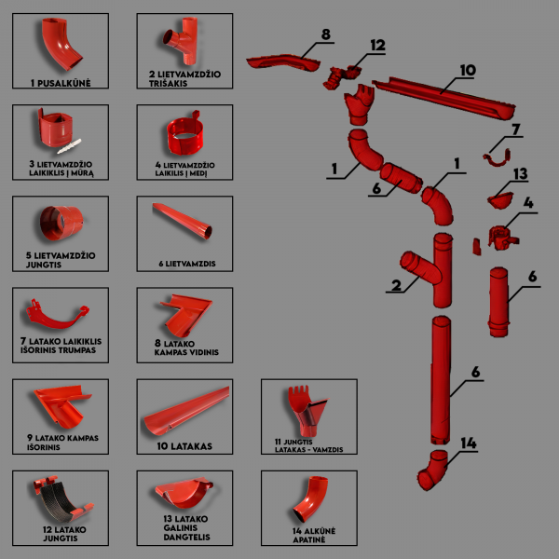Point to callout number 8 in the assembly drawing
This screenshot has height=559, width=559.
(x=325, y=35)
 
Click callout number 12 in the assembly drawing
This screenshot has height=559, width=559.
(x=376, y=45)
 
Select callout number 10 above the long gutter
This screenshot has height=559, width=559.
(x=467, y=70)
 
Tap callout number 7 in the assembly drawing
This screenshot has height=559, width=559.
(x=516, y=129)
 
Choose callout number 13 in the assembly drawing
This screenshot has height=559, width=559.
(x=520, y=173)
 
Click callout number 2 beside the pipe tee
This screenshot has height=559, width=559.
(x=397, y=286)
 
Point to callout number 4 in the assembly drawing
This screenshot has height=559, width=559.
(x=527, y=202)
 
